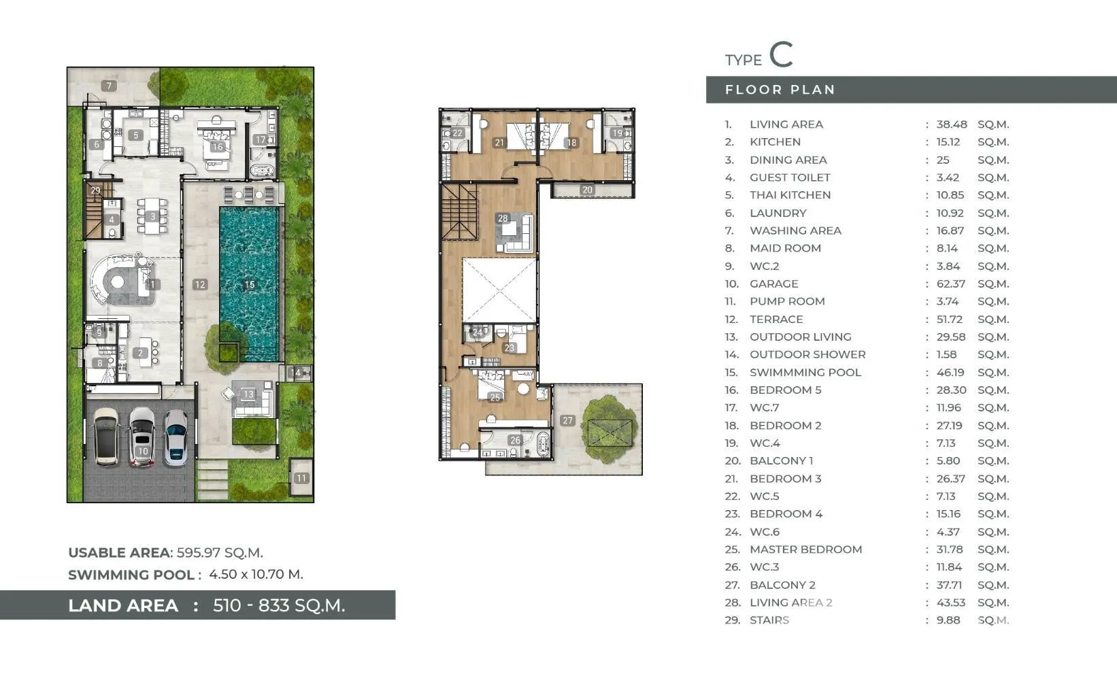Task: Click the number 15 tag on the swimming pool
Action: click(x=250, y=285)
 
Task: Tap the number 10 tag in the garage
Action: click(x=143, y=451)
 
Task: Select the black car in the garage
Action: click(x=106, y=437)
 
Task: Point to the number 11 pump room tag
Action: click(x=301, y=478)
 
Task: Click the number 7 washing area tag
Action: click(x=110, y=86)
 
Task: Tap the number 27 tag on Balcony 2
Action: click(x=567, y=420)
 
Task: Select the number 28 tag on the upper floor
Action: click(x=503, y=218)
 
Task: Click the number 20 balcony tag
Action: click(x=588, y=190)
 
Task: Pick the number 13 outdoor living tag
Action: click(x=248, y=394)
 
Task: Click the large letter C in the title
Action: click(x=781, y=54)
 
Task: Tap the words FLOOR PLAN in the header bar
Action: click(x=780, y=90)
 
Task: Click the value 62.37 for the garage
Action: click(x=950, y=284)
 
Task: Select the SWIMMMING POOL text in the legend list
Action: click(x=805, y=373)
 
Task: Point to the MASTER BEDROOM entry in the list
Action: click(x=806, y=549)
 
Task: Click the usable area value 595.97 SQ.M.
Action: click(x=220, y=552)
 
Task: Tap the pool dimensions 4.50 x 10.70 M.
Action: click(x=256, y=575)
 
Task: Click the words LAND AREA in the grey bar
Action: click(x=123, y=605)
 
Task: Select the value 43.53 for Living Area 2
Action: click(x=950, y=603)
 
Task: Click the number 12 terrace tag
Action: click(x=200, y=285)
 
